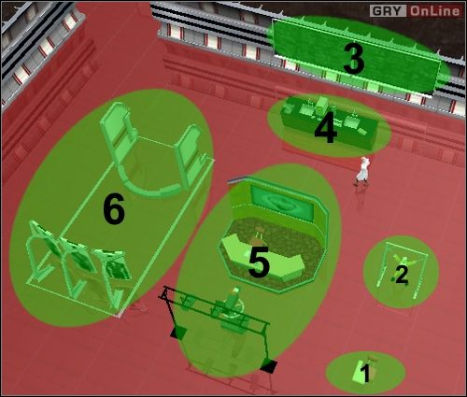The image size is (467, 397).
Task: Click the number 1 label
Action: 365,375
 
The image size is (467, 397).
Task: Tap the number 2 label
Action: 402,275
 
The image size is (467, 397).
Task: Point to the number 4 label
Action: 325,131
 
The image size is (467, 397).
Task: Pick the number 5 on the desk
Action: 259,263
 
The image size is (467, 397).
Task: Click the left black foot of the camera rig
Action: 175,331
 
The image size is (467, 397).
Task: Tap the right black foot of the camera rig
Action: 269,365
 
